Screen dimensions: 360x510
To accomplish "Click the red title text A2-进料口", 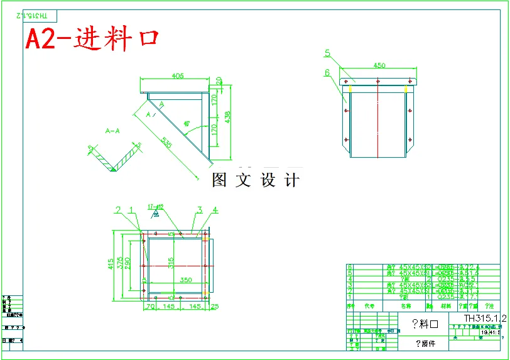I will pos(92,40).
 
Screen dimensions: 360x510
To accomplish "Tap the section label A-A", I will pos(113,131).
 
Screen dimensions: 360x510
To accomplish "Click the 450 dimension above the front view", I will pos(379,65).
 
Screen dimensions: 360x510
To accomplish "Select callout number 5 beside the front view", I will pos(328,53).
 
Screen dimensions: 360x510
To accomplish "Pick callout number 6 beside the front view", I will pos(328,72).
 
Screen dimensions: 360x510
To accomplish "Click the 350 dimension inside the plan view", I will pos(186,280).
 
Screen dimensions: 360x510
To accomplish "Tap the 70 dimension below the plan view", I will pos(150,307).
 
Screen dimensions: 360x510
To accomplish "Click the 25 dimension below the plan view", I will pos(215,307).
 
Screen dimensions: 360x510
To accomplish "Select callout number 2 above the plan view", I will pos(117,209).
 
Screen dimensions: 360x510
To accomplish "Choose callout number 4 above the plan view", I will pos(215,209).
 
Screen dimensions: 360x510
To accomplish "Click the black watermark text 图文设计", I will pos(256,180).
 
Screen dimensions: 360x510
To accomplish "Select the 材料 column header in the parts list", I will pos(446,306).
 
